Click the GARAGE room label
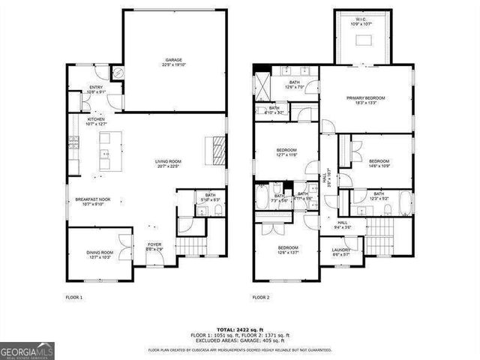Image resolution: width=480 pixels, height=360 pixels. [174, 60]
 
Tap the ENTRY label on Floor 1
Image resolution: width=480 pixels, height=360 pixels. [96, 88]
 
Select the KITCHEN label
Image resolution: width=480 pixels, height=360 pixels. [96, 119]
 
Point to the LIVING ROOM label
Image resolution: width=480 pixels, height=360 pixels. [168, 161]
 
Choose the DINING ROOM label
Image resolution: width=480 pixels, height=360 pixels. [100, 253]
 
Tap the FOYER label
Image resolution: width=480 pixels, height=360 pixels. [154, 245]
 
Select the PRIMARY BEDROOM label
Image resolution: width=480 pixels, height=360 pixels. [365, 98]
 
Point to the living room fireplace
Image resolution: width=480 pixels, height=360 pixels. [216, 149]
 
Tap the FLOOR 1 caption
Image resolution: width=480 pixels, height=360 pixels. [74, 298]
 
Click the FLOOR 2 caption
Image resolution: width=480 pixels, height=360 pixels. [260, 298]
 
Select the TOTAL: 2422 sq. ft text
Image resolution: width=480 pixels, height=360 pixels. [240, 329]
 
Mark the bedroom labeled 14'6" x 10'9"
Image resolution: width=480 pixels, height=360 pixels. [379, 161]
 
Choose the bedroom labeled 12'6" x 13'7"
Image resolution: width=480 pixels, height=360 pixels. [288, 248]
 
